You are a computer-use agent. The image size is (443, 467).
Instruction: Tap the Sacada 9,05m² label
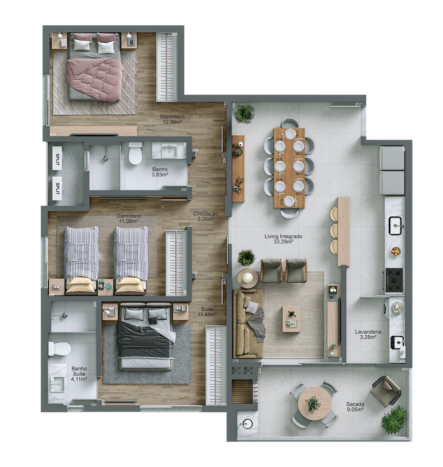pos(355,407)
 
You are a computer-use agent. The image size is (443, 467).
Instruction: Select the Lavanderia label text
pos(368,332)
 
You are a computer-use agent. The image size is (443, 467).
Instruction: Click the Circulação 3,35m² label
pos(206,216)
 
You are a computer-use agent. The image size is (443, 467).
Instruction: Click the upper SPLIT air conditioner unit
pos(57,159)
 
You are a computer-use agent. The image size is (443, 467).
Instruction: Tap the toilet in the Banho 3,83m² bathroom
pos(135,153)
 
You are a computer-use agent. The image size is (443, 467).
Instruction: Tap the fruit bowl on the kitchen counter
pos(396,252)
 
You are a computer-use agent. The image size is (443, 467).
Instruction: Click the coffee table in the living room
pos(291,319)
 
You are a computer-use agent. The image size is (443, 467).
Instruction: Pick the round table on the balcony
pos(315,404)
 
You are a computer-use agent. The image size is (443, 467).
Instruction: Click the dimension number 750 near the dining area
pos(234,105)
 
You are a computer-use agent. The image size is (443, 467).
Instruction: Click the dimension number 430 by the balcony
pos(404,369)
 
